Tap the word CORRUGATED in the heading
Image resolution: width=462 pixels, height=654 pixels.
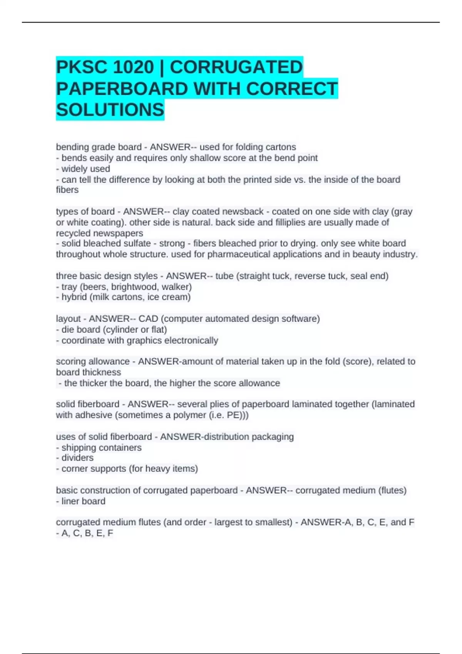(236, 67)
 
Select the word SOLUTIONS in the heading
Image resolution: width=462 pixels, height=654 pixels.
(110, 110)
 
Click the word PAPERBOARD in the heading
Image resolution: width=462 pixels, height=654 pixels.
(122, 89)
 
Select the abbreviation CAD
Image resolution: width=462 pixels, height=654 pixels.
(148, 319)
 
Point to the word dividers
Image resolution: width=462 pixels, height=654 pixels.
(77, 458)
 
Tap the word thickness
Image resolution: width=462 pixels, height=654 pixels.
(101, 372)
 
